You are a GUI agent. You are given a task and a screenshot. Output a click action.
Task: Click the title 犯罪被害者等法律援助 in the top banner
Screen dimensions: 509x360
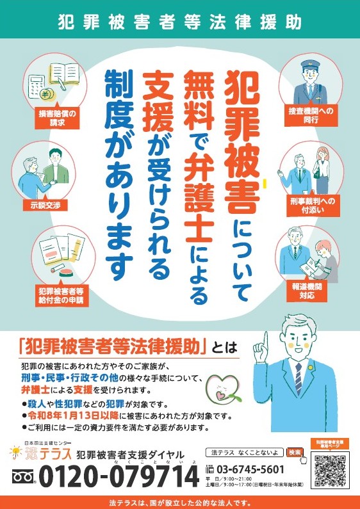[x=179, y=22]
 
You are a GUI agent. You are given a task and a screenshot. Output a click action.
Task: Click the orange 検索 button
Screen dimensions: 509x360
[x=295, y=452]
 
